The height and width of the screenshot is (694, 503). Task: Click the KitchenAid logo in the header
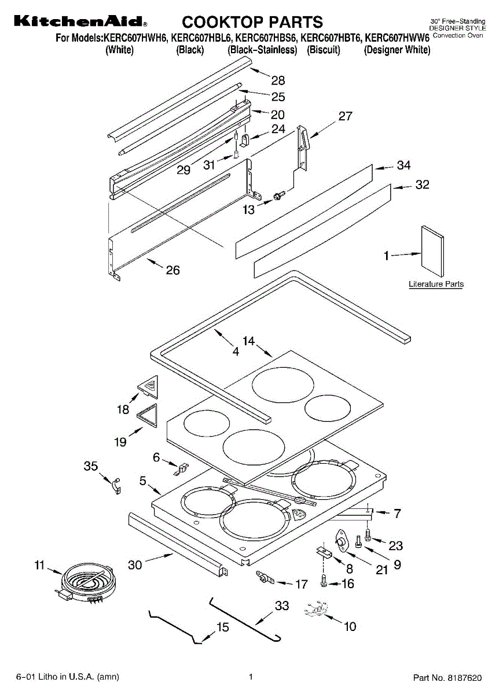coord(80,23)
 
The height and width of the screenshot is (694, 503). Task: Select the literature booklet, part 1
coord(432,252)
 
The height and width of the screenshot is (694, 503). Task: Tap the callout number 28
coord(278,81)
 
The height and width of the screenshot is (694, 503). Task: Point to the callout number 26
coord(172,270)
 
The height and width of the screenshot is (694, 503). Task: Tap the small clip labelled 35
coord(116,486)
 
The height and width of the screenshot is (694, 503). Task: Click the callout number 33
coord(282,606)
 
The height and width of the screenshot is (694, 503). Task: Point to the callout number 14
coord(249,341)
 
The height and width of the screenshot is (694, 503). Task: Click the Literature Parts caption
coord(436,284)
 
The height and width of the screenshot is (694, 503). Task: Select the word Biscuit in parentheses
coord(324,50)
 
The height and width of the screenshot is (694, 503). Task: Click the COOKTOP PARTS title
coord(252,23)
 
